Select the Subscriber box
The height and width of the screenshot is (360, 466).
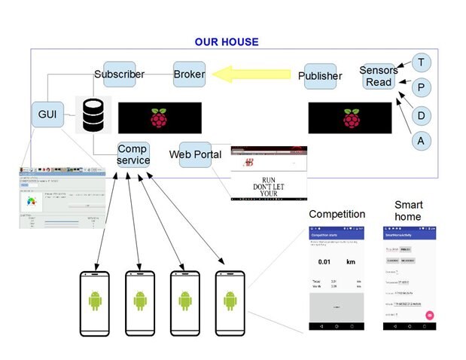click(119, 75)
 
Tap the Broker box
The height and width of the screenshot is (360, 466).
click(189, 75)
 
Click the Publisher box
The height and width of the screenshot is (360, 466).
click(320, 76)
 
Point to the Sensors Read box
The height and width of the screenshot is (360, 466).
click(379, 76)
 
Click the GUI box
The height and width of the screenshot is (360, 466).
click(47, 115)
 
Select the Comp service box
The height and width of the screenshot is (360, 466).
click(133, 154)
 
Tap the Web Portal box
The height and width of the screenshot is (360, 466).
click(195, 154)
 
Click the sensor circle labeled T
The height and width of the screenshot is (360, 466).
click(422, 63)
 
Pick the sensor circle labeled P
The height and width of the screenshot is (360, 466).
click(422, 88)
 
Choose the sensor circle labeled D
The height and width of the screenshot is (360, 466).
click(422, 115)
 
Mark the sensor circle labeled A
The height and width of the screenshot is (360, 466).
click(422, 141)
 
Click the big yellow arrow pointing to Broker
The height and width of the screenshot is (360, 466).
click(251, 75)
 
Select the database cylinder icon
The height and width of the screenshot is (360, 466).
click(93, 114)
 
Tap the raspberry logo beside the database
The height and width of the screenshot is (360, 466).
click(159, 118)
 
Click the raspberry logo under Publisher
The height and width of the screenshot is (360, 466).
click(351, 118)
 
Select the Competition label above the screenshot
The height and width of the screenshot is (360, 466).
click(337, 214)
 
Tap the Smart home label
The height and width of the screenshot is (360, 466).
click(409, 210)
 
